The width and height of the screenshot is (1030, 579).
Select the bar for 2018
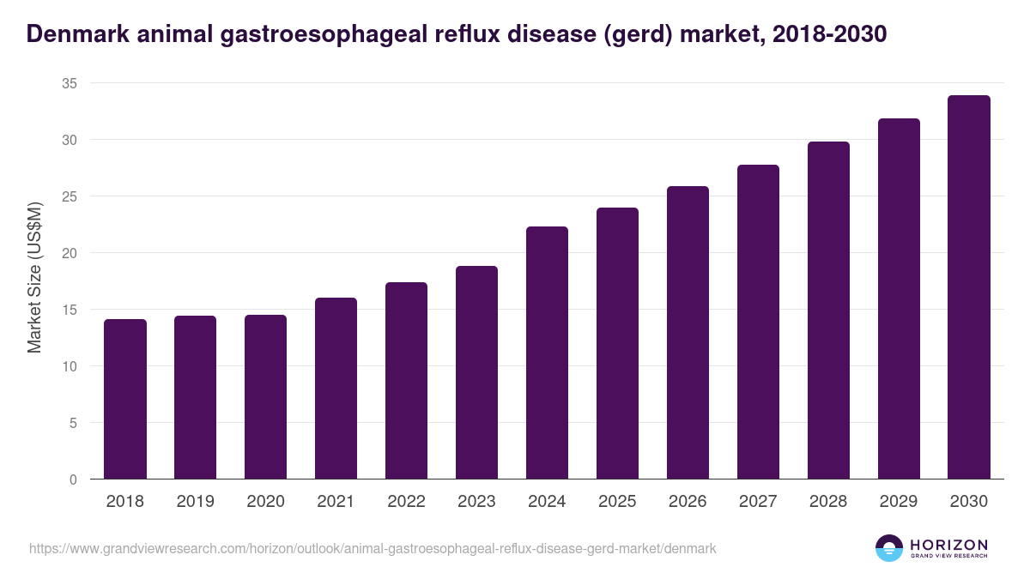[x=125, y=399]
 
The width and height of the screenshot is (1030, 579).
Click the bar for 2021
[x=336, y=388]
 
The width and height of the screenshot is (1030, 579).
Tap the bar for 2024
[x=547, y=353]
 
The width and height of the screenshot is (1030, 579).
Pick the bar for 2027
[x=758, y=322]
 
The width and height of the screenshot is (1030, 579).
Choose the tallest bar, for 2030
[x=969, y=287]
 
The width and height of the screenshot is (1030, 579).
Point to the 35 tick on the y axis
[x=70, y=83]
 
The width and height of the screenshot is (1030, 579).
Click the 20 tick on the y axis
[x=70, y=253]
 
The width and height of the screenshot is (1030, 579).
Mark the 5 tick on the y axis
[x=73, y=423]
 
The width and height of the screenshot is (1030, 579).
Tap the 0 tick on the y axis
[x=73, y=479]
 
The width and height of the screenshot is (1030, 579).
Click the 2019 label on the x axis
[x=196, y=502]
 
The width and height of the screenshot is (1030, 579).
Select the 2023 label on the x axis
[x=476, y=502]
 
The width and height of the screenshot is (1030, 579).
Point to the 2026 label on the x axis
[x=688, y=502]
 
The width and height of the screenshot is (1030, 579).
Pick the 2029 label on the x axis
[x=899, y=502]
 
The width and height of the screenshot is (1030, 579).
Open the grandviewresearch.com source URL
[x=373, y=548]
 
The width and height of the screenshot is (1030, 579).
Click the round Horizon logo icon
[x=889, y=548]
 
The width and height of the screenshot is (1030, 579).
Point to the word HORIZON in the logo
[x=948, y=545]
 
